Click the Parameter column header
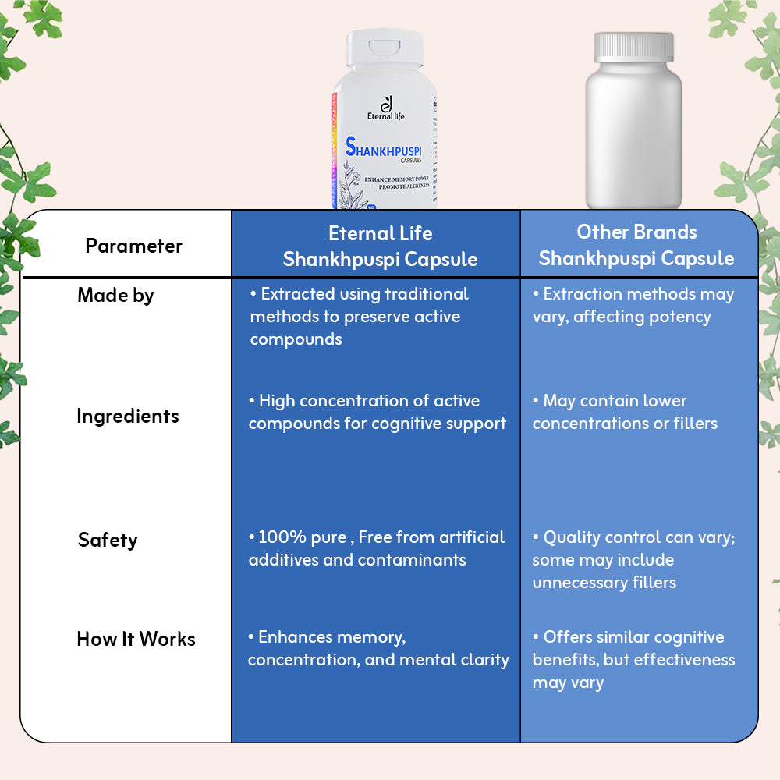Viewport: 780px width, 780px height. tap(133, 246)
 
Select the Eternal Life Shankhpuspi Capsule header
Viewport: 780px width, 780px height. tap(380, 246)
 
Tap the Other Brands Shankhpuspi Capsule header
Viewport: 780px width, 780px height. tap(636, 245)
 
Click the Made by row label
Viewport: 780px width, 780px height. tap(115, 296)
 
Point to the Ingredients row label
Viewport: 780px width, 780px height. tap(127, 416)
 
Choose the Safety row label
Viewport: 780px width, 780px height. tap(108, 540)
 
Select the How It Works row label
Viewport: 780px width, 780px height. tap(136, 640)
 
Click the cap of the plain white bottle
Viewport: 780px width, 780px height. tap(633, 47)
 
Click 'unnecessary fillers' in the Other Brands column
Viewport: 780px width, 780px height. tap(604, 583)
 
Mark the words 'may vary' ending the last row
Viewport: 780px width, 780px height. tap(568, 682)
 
